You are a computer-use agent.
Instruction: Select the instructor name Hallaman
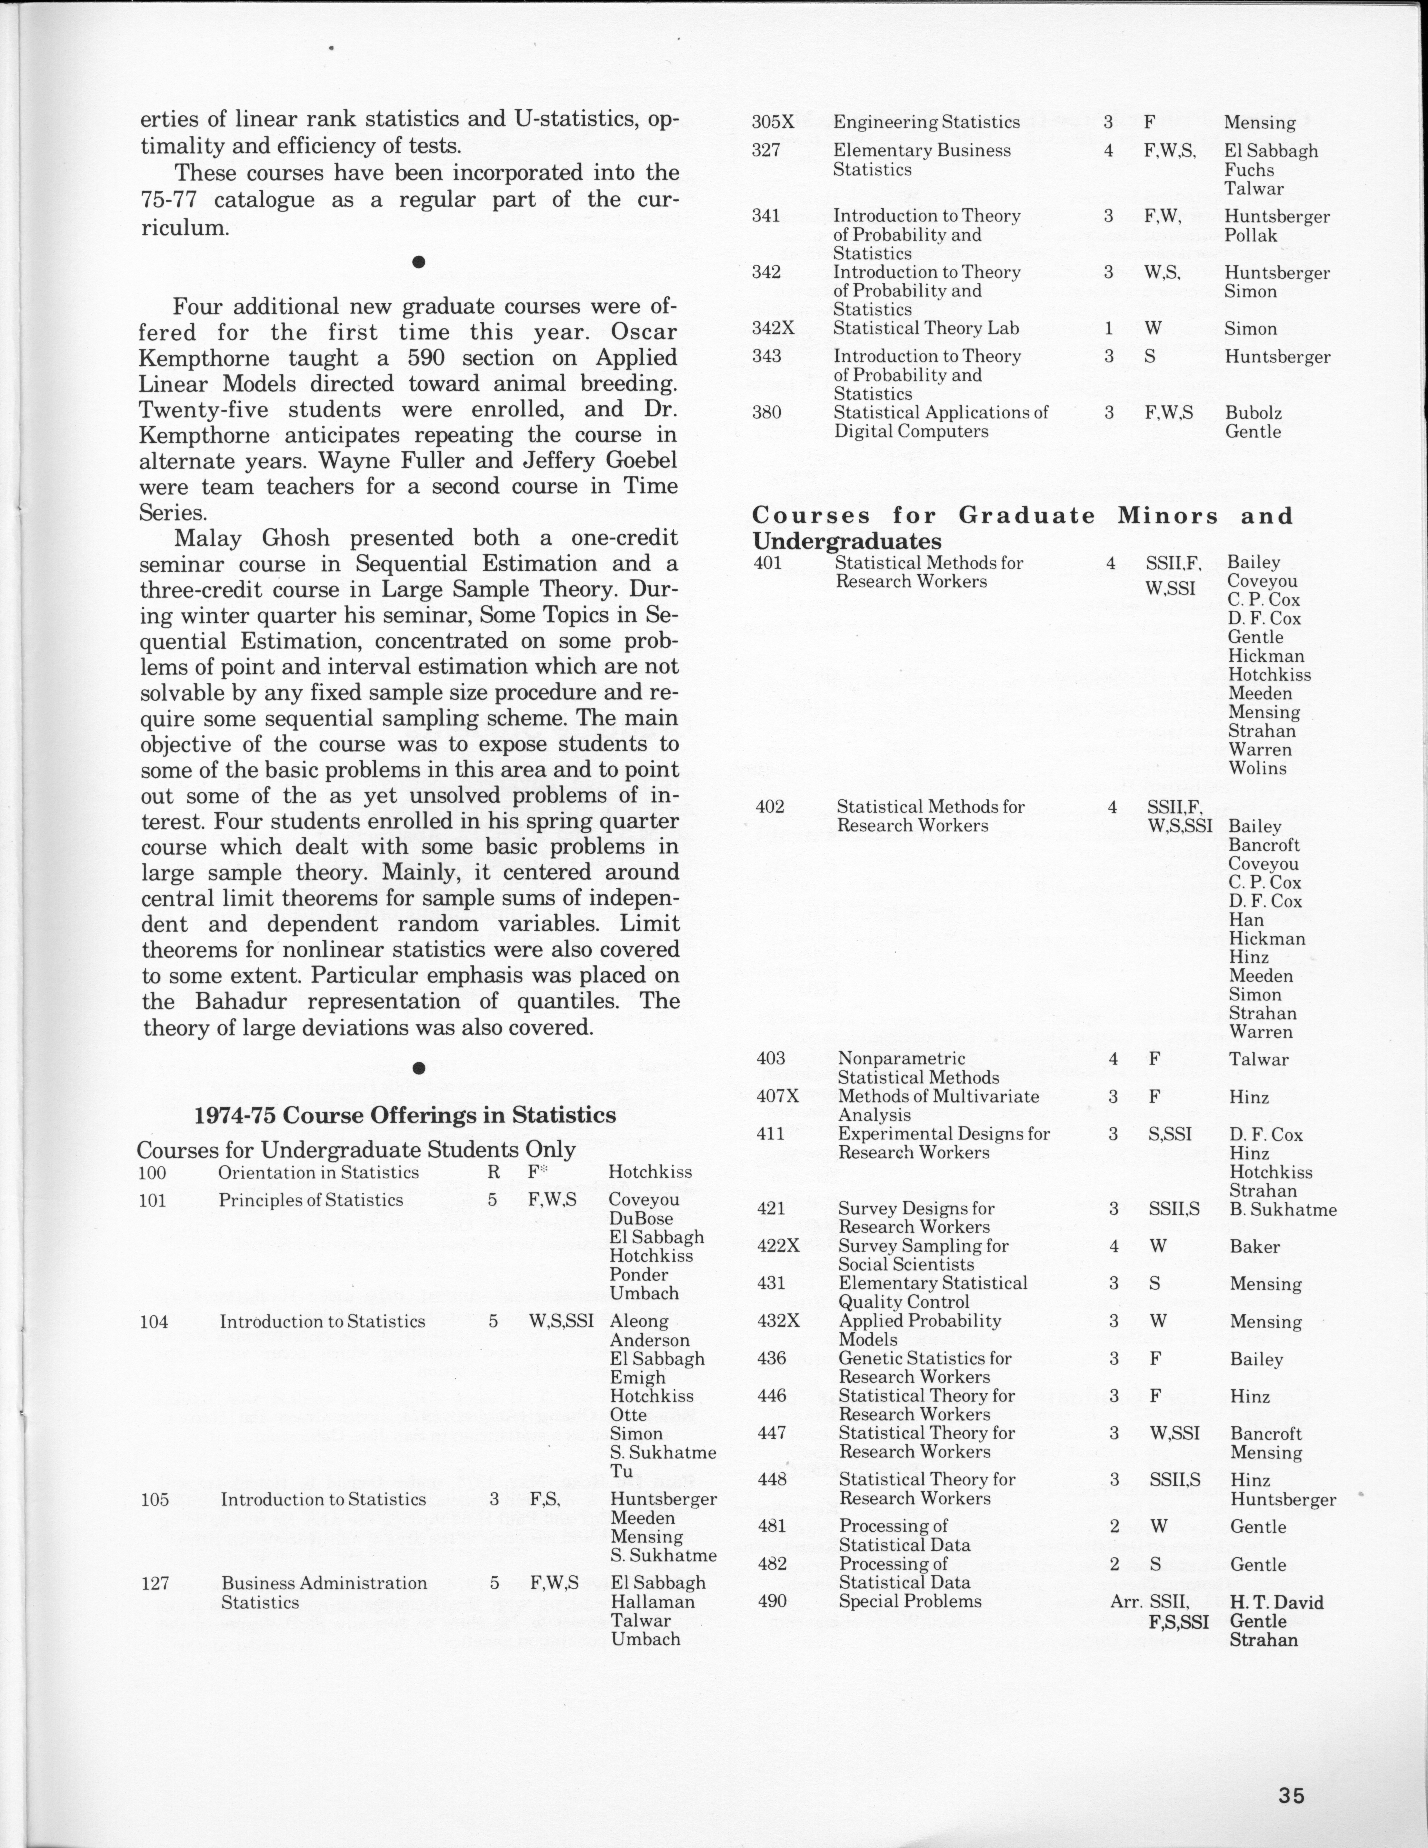pyautogui.click(x=652, y=1602)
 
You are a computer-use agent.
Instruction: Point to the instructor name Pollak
pyautogui.click(x=1251, y=235)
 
